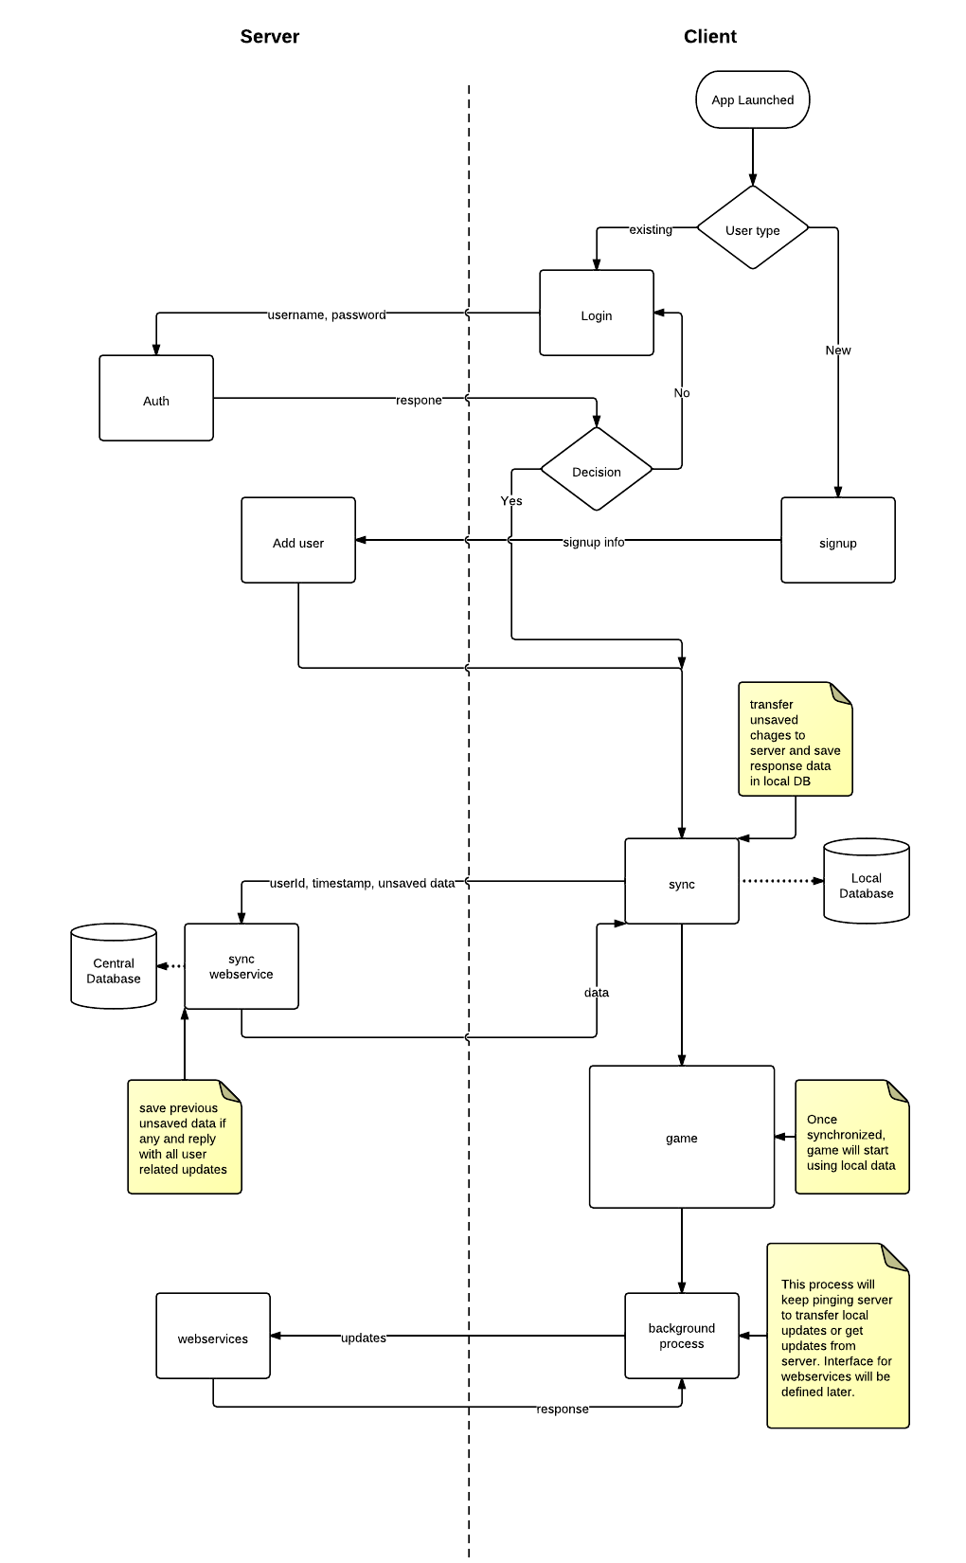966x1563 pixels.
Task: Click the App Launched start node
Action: click(752, 99)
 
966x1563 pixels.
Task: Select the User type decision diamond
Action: click(752, 228)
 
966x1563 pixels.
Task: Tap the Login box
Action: click(596, 314)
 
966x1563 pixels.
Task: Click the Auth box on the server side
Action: click(156, 399)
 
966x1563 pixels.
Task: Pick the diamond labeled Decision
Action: click(596, 470)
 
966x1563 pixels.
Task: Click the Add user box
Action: click(297, 541)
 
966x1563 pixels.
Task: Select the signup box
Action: click(837, 541)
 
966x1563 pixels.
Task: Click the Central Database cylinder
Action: click(114, 968)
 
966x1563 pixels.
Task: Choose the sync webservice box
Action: click(241, 967)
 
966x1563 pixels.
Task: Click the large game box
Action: click(681, 1137)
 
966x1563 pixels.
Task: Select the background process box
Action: click(681, 1336)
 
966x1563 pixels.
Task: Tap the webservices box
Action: click(212, 1337)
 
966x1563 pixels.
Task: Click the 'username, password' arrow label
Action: click(327, 314)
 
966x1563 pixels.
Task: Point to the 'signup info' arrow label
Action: click(593, 542)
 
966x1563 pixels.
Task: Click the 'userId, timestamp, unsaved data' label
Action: click(362, 883)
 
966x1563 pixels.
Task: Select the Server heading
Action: click(269, 37)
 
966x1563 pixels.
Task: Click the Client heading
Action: click(709, 37)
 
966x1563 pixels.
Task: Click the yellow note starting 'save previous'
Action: click(184, 1138)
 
